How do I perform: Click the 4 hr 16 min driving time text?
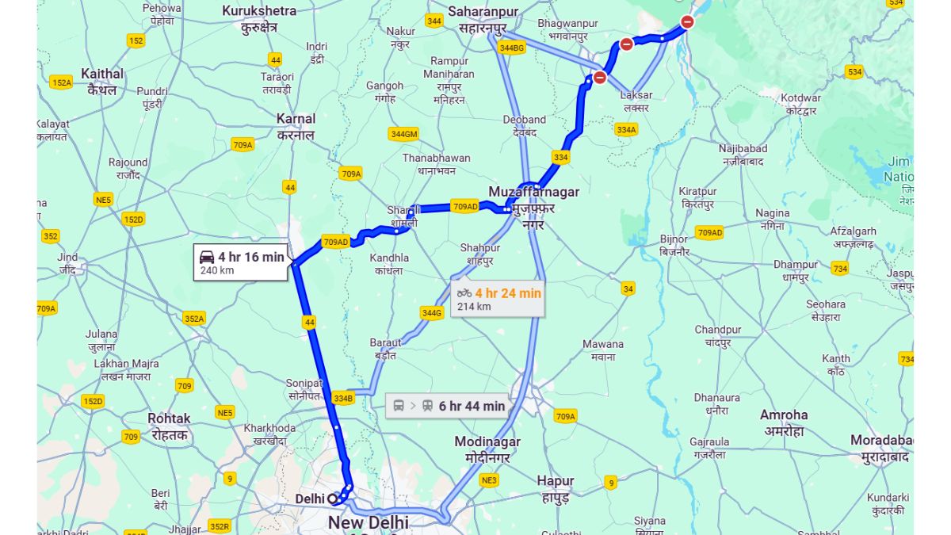coord(250,257)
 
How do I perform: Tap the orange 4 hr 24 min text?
coord(508,293)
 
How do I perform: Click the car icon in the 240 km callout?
coord(207,257)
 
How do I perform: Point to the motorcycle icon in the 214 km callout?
coord(464,293)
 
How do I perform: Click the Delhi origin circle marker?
coord(333,499)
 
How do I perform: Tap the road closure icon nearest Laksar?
coord(600,78)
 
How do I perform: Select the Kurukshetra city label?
coord(259,11)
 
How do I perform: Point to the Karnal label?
coord(296,119)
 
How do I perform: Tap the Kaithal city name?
coord(102,74)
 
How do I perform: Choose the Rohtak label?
coord(169,418)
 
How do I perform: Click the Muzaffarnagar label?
coord(533,192)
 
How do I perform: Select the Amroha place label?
coord(783,415)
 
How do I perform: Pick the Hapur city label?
coord(555,481)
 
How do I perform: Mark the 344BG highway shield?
coord(512,48)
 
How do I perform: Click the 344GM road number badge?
coord(403,134)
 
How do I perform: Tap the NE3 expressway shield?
coord(489,480)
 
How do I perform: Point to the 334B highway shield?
coord(342,398)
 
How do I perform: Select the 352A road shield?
coord(193,319)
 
